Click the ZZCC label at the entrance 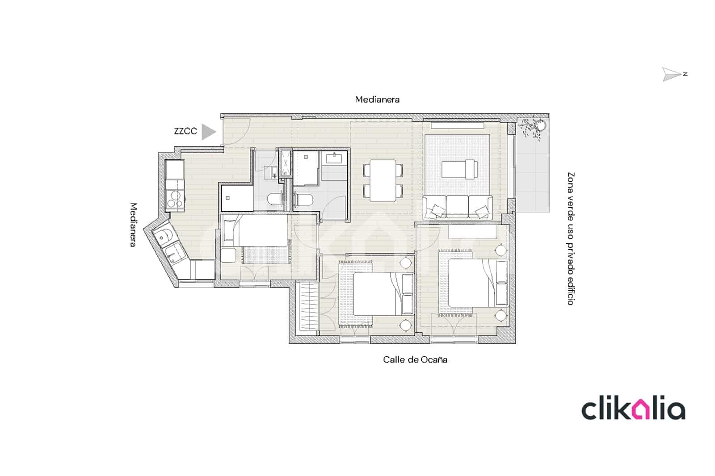pyautogui.click(x=185, y=131)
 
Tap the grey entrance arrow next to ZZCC pyautogui.click(x=208, y=132)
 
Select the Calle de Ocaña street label pyautogui.click(x=415, y=359)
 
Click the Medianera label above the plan pyautogui.click(x=377, y=100)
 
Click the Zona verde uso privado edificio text pyautogui.click(x=570, y=239)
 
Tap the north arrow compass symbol pyautogui.click(x=672, y=74)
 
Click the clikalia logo pyautogui.click(x=633, y=409)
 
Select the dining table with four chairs pyautogui.click(x=383, y=180)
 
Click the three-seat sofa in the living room pyautogui.click(x=458, y=207)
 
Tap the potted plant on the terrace pyautogui.click(x=534, y=126)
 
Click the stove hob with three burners pyautogui.click(x=175, y=199)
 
